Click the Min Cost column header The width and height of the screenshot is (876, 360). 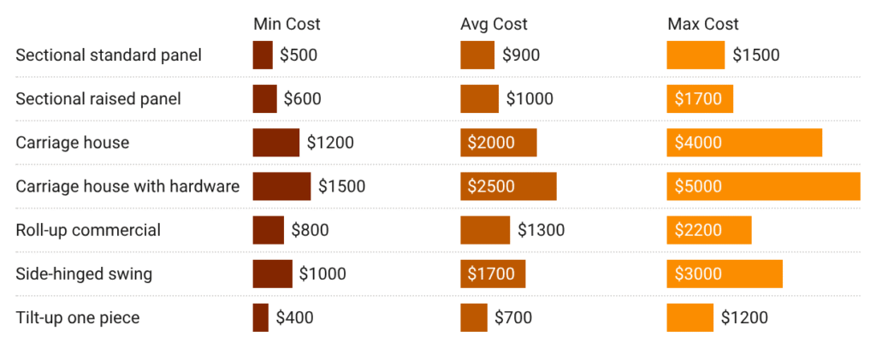click(x=287, y=24)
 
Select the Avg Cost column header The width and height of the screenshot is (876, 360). click(x=494, y=24)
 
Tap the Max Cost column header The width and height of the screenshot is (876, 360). click(x=702, y=24)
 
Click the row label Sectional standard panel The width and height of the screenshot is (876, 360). click(x=109, y=56)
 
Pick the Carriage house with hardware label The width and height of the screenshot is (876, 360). click(x=127, y=186)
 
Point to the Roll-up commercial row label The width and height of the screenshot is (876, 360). click(x=88, y=230)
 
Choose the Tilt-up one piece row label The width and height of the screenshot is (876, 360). click(x=78, y=318)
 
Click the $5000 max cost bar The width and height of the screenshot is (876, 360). click(x=763, y=186)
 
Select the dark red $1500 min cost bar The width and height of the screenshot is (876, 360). click(x=281, y=186)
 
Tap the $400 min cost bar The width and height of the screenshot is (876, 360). click(x=260, y=318)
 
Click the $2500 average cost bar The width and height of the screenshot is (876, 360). click(x=508, y=186)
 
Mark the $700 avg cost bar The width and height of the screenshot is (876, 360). click(x=473, y=318)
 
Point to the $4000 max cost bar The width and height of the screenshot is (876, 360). click(x=744, y=143)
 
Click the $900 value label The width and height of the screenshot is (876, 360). click(x=521, y=56)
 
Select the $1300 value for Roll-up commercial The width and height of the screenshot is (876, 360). click(x=541, y=230)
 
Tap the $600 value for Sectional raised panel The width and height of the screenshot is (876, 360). click(x=303, y=99)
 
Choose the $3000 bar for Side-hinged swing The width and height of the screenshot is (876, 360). click(x=725, y=274)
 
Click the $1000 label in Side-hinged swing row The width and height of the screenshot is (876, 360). click(x=323, y=274)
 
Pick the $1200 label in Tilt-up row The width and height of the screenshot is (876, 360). click(x=744, y=318)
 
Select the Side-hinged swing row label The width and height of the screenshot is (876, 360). click(x=84, y=274)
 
